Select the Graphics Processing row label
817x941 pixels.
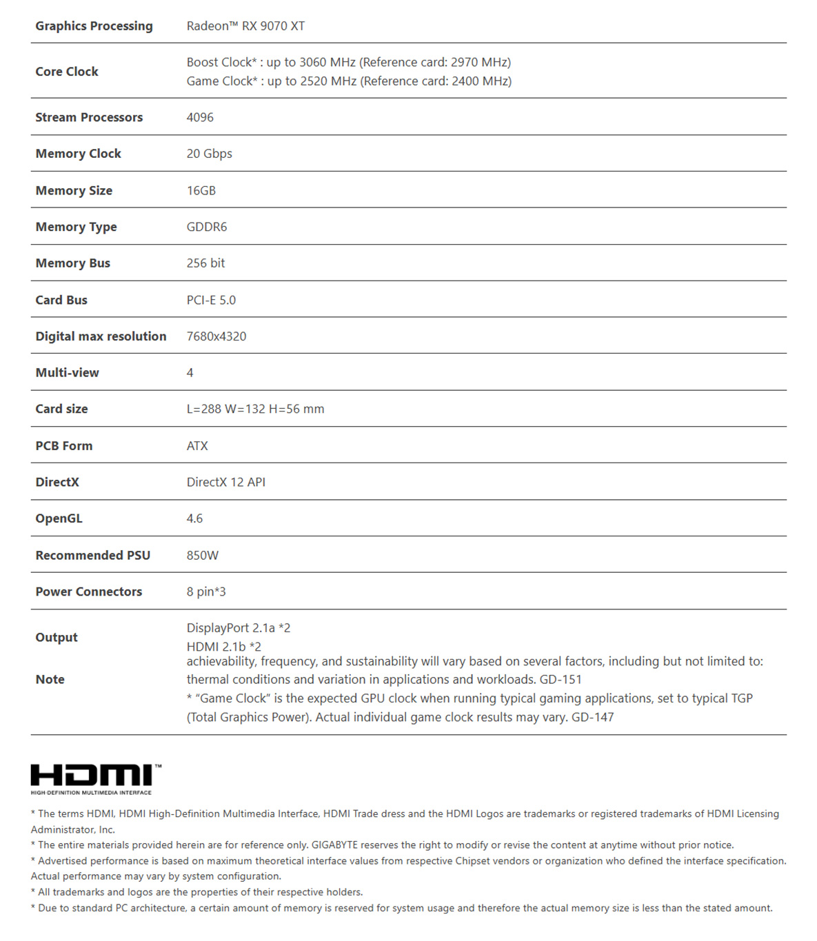94,26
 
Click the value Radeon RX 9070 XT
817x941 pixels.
245,26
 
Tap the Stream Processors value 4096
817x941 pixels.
200,117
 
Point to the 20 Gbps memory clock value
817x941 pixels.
209,154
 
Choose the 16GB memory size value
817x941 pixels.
201,190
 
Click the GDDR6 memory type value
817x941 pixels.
206,227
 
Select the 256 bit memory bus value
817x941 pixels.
205,263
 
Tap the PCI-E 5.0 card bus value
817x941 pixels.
211,300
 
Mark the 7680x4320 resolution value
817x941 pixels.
216,336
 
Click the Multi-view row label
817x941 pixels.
67,373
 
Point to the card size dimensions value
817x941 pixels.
255,409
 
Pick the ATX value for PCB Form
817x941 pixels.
197,446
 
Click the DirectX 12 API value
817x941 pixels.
225,482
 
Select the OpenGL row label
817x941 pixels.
59,518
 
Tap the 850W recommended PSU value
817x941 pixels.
202,555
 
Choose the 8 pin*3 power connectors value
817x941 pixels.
205,591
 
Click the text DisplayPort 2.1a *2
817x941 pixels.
238,628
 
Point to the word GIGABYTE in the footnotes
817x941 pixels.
334,845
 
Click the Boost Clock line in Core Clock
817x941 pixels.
348,62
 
